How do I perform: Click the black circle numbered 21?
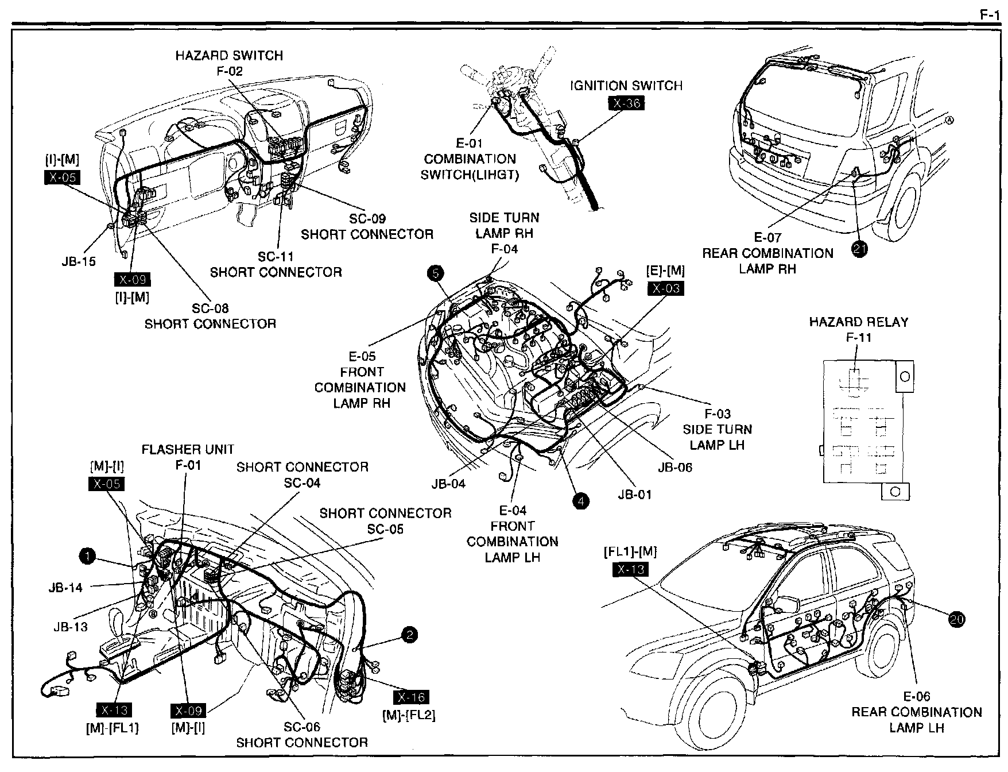pyautogui.click(x=860, y=249)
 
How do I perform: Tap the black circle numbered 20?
pyautogui.click(x=957, y=619)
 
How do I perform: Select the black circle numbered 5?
pyautogui.click(x=436, y=273)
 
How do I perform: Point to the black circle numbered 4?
pyautogui.click(x=581, y=501)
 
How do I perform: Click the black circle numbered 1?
pyautogui.click(x=87, y=555)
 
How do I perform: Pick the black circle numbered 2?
pyautogui.click(x=409, y=635)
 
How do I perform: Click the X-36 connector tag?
pyautogui.click(x=626, y=103)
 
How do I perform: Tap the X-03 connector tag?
pyautogui.click(x=665, y=288)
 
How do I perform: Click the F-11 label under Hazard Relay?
pyautogui.click(x=859, y=338)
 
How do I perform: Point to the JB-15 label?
pyautogui.click(x=79, y=262)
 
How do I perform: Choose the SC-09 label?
pyautogui.click(x=367, y=219)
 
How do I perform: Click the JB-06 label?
pyautogui.click(x=675, y=467)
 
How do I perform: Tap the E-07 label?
pyautogui.click(x=767, y=237)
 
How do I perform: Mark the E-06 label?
pyautogui.click(x=916, y=697)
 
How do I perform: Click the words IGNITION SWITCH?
pyautogui.click(x=626, y=86)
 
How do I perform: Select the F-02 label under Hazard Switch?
pyautogui.click(x=230, y=71)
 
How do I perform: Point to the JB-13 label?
pyautogui.click(x=71, y=627)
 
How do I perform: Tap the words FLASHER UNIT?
pyautogui.click(x=188, y=449)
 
